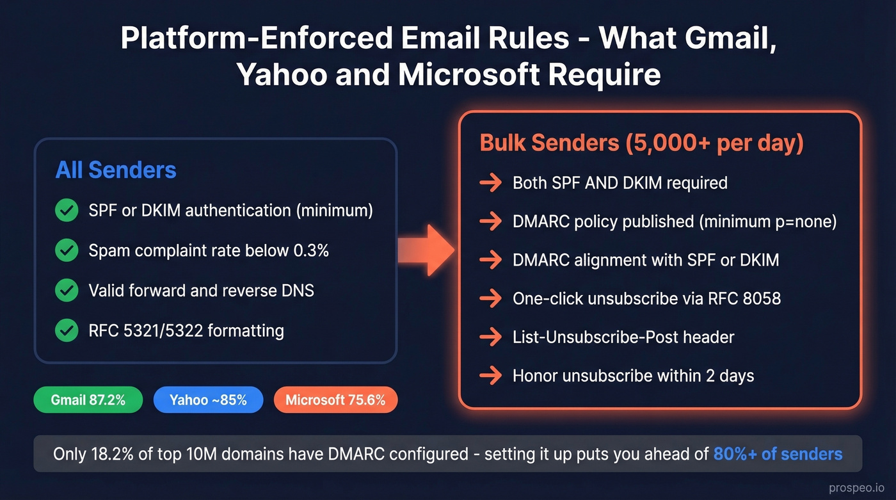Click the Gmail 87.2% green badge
(x=88, y=400)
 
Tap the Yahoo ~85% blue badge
(x=208, y=400)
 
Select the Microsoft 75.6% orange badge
(x=335, y=400)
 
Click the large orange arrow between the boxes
(x=426, y=250)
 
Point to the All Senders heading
(x=116, y=170)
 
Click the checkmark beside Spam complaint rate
(x=67, y=250)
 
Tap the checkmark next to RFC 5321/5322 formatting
(x=67, y=330)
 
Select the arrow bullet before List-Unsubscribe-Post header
(x=491, y=337)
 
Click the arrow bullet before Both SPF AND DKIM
(x=491, y=183)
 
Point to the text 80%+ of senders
(x=778, y=454)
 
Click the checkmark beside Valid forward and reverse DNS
(x=67, y=290)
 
